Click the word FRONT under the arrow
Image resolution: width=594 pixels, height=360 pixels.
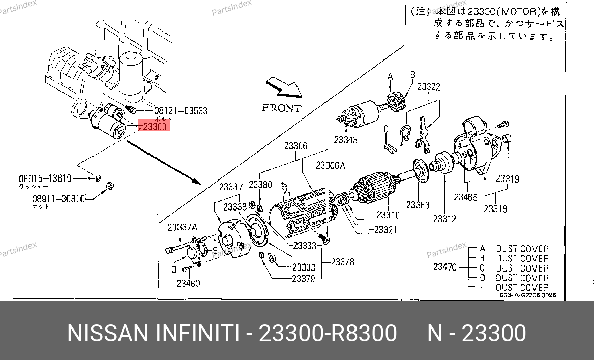[x=281, y=108]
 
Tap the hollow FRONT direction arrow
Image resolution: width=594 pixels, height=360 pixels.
[x=284, y=87]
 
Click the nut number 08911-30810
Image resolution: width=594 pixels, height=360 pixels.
[x=59, y=199]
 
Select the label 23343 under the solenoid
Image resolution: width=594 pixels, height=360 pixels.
[x=346, y=140]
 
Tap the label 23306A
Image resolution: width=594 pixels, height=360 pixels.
[x=331, y=165]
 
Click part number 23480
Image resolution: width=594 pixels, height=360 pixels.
[x=188, y=283]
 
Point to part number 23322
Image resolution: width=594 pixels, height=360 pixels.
[x=428, y=87]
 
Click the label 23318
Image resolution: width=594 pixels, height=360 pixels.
[x=495, y=208]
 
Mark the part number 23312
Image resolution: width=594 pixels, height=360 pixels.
[x=444, y=219]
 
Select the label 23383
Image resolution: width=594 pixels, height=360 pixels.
[x=418, y=205]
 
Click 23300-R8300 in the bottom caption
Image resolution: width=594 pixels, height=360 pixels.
[x=328, y=334]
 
